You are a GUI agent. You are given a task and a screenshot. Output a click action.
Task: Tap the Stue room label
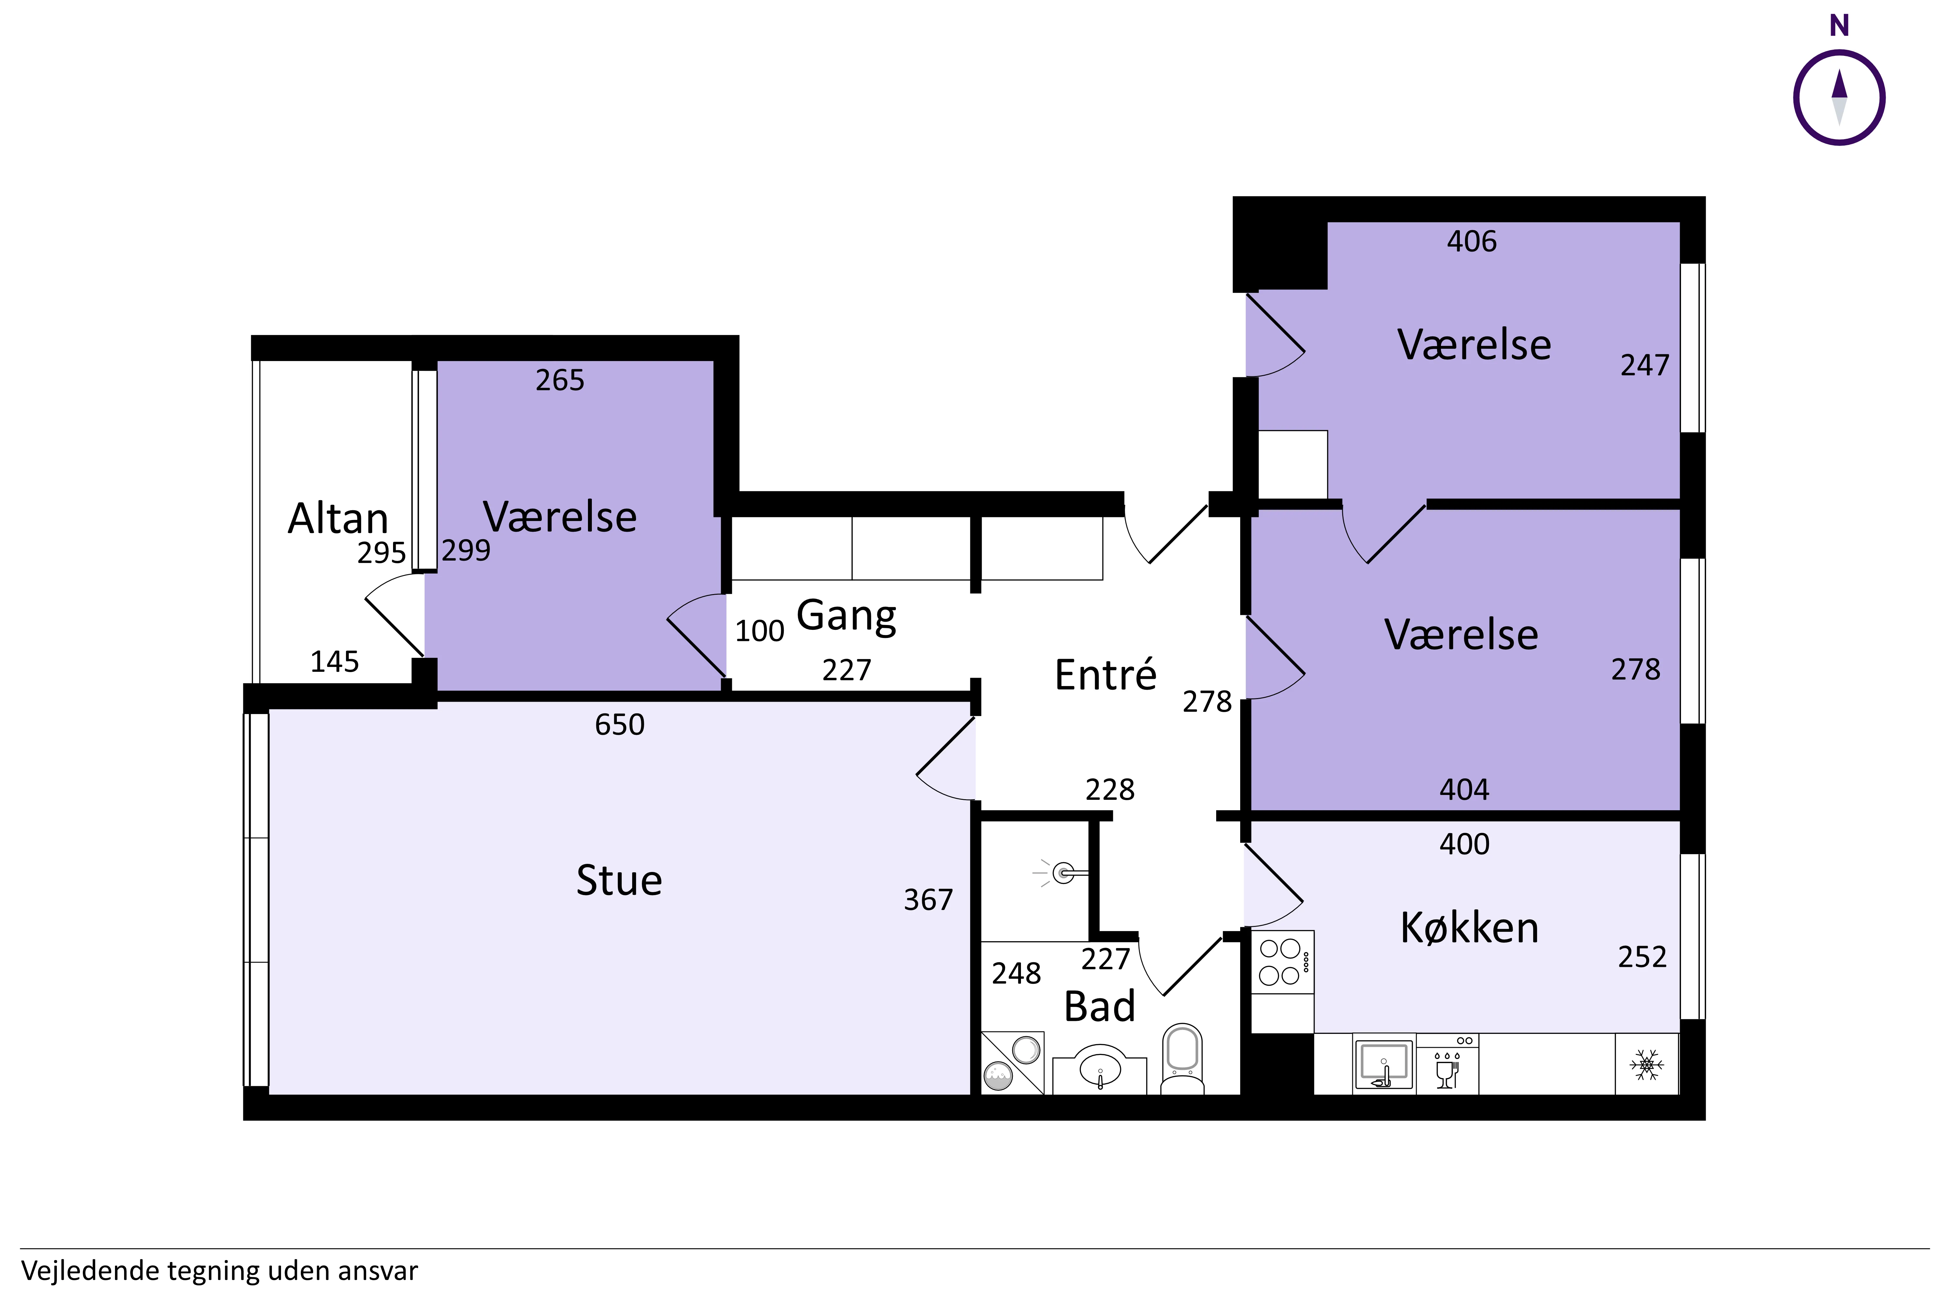point(619,880)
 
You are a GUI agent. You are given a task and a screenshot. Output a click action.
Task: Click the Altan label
point(338,519)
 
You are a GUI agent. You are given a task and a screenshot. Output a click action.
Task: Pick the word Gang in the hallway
point(846,616)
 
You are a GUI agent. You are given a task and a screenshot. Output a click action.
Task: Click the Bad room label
point(1099,1007)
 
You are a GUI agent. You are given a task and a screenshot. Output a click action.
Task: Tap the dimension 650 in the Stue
point(619,725)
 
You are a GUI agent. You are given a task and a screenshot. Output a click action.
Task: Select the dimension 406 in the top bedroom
point(1472,241)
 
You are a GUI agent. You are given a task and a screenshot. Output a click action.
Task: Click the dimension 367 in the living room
point(928,900)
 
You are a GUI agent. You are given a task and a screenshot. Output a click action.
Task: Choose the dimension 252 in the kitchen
point(1642,957)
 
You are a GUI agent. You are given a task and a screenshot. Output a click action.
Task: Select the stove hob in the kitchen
point(1281,962)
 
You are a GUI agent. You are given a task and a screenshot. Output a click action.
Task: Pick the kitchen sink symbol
point(1383,1065)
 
